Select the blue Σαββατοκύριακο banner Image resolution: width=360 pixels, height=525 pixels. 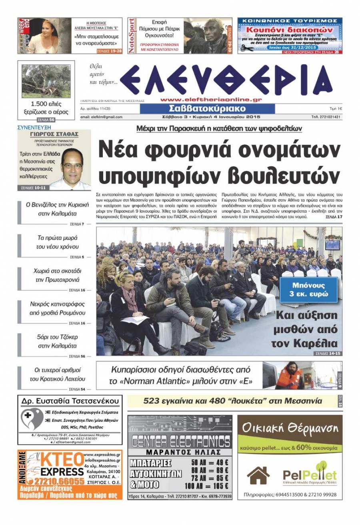pyautogui.click(x=207, y=109)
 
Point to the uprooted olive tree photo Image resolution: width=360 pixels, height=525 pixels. pyautogui.click(x=46, y=81)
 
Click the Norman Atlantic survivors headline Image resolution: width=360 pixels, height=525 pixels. pyautogui.click(x=181, y=375)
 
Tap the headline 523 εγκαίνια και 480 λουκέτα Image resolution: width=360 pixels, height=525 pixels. pyautogui.click(x=233, y=400)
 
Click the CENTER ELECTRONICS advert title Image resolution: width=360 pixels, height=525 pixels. pyautogui.click(x=180, y=441)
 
